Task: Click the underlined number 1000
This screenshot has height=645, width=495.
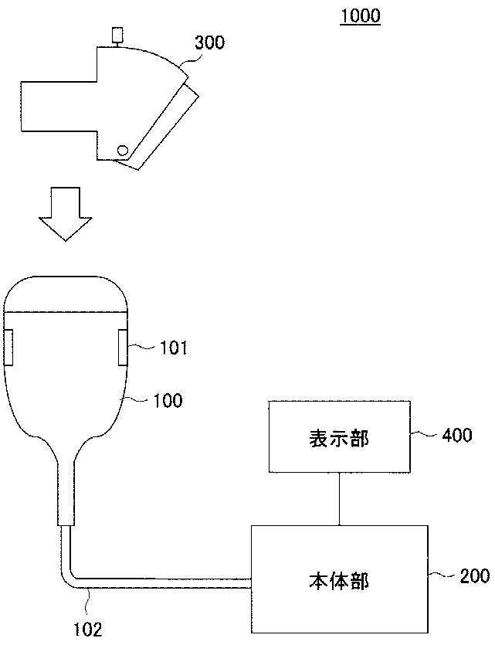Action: click(360, 15)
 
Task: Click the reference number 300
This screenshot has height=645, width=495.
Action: click(209, 42)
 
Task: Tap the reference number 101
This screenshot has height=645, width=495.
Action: click(174, 348)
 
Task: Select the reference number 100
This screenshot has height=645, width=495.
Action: click(168, 400)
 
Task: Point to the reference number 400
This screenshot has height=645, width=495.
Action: click(457, 435)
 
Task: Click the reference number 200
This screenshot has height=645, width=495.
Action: click(473, 575)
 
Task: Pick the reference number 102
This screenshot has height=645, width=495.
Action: click(87, 629)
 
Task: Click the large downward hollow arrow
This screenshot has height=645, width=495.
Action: click(65, 212)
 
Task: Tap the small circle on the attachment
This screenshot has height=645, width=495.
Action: click(122, 149)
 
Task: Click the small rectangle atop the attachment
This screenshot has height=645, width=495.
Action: click(117, 36)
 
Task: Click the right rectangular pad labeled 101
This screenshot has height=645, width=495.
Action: click(124, 346)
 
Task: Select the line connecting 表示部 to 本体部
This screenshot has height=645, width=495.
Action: click(339, 498)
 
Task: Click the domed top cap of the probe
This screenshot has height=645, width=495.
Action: click(66, 293)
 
